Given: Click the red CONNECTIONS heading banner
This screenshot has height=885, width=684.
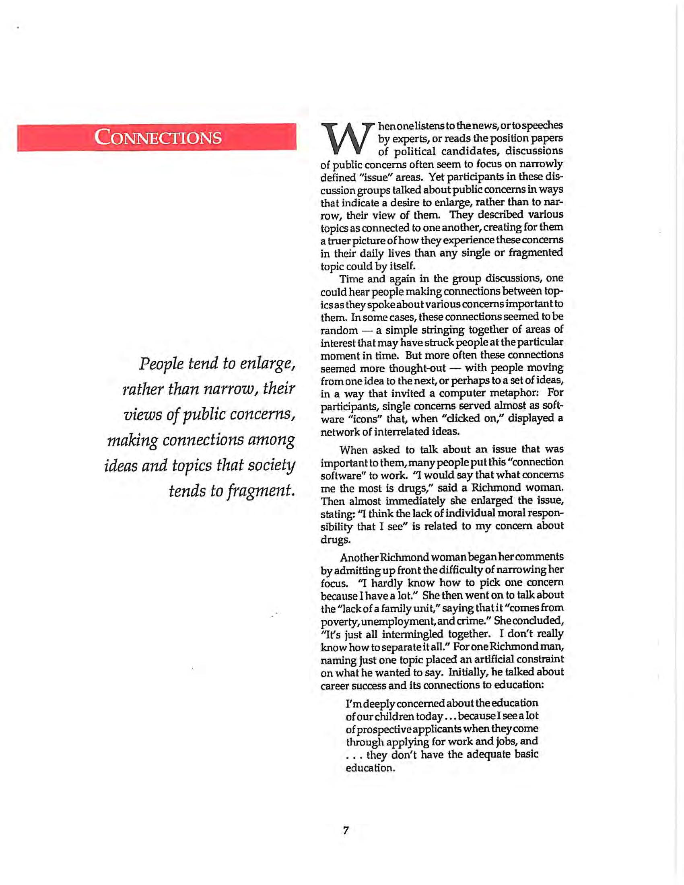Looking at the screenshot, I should (157, 137).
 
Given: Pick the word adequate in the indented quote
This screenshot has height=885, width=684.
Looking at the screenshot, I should (490, 754).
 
